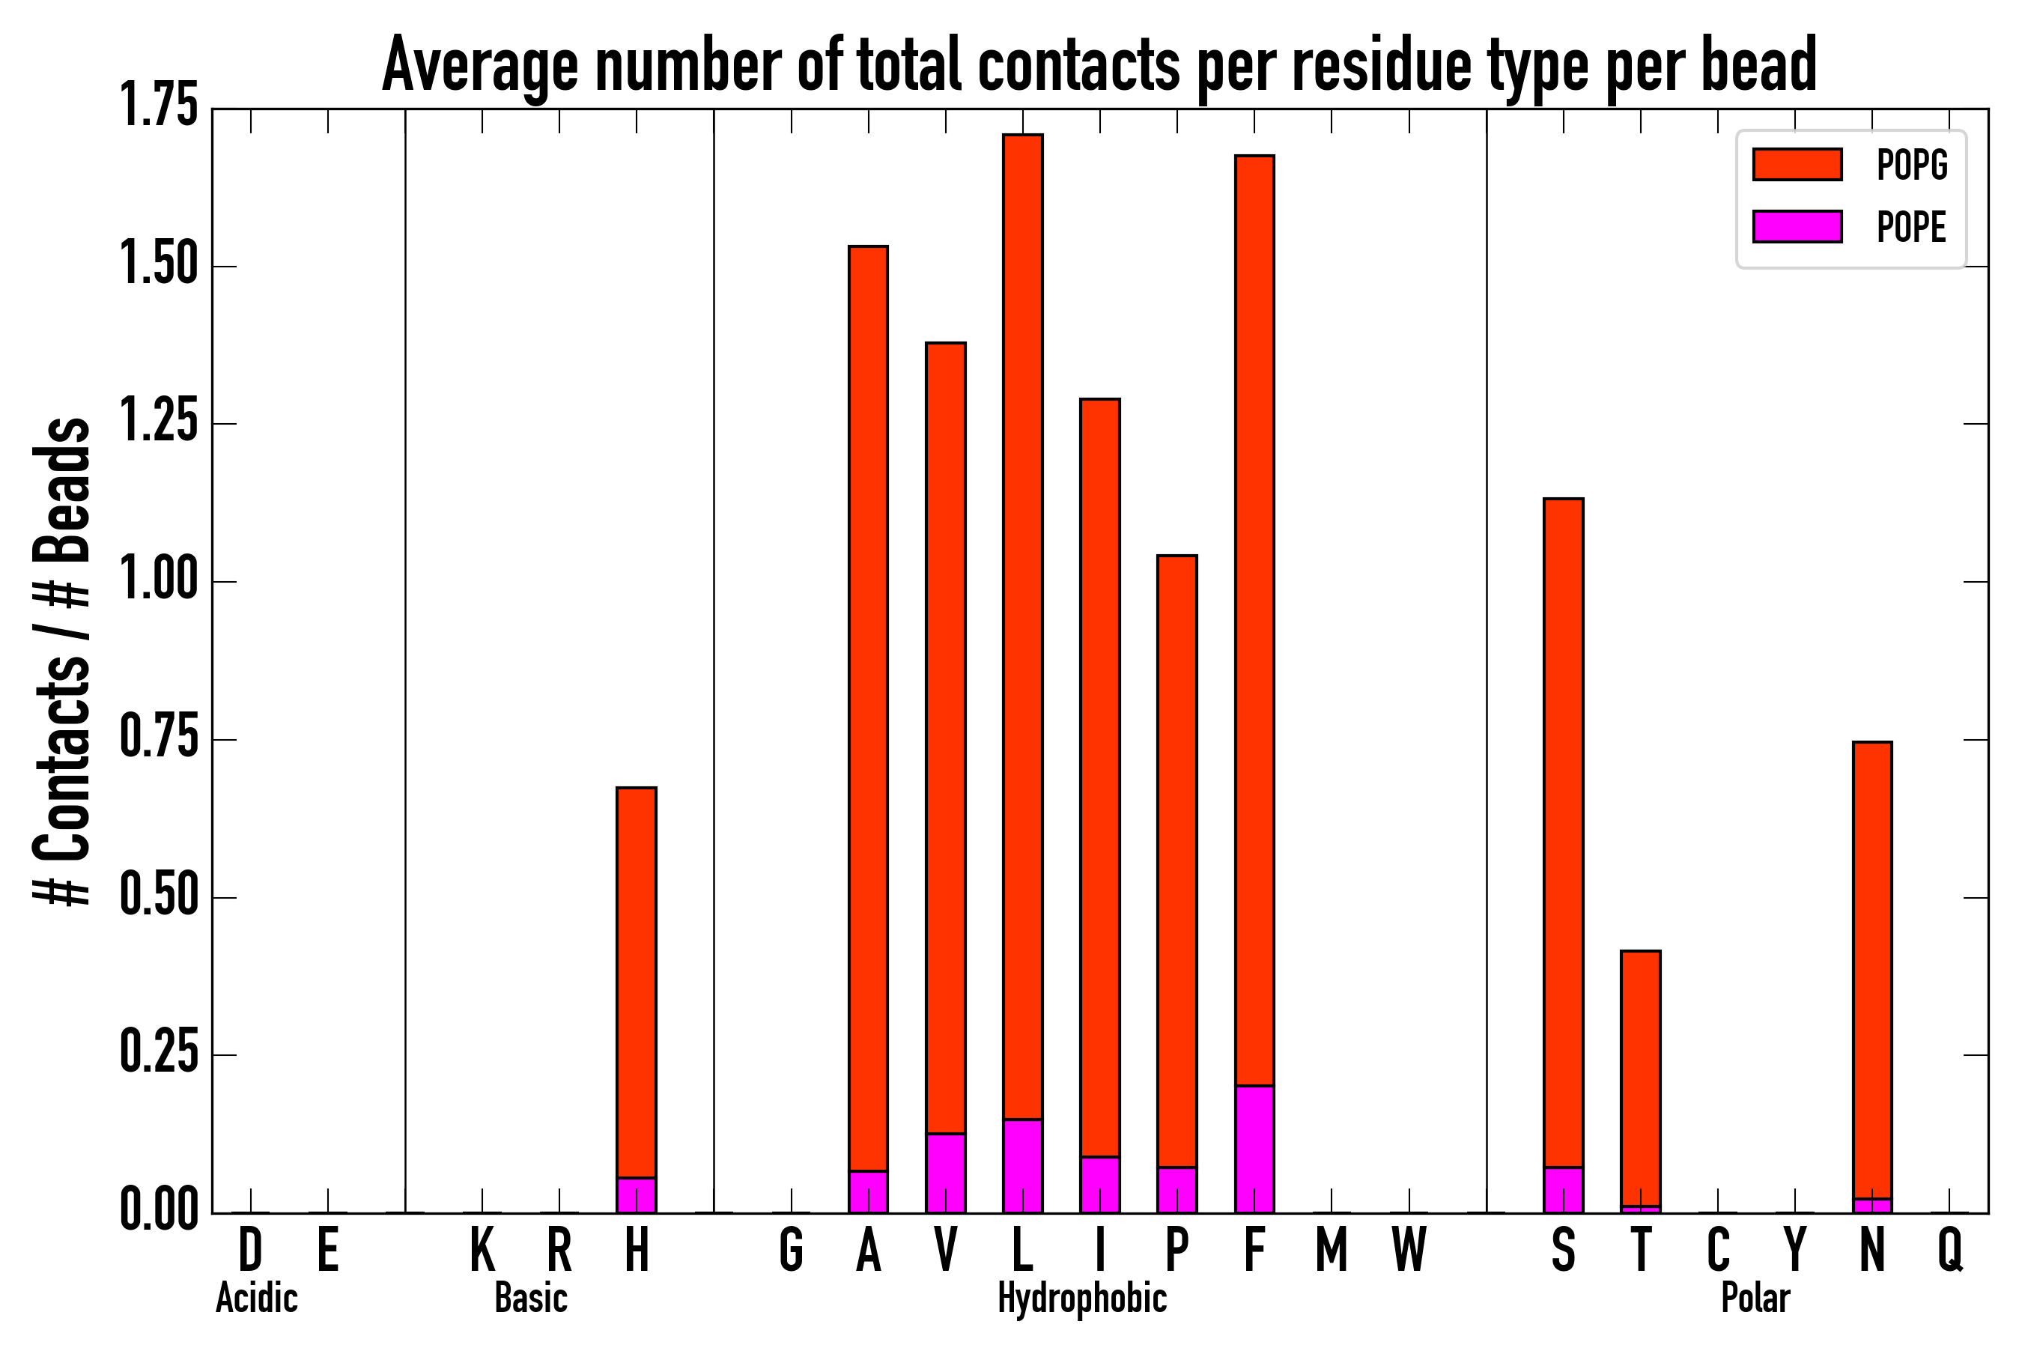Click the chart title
(1099, 64)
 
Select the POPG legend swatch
(1797, 164)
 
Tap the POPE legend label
(1912, 227)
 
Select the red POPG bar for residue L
(1022, 628)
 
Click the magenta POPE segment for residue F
(1254, 1150)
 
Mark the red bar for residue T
(1640, 1078)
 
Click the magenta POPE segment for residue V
(945, 1174)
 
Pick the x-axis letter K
(482, 1250)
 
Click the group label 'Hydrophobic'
(1081, 1298)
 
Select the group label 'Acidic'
(256, 1298)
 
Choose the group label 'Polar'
(1755, 1298)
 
